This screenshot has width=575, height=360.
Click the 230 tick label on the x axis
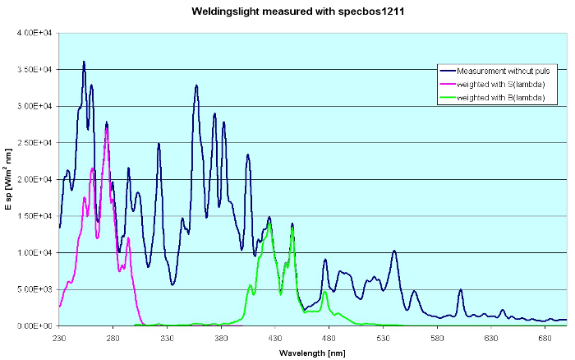coord(59,337)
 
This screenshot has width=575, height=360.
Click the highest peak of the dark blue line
coord(84,62)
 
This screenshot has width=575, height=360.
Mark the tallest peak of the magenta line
coord(107,127)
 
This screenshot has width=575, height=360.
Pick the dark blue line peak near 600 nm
coord(461,289)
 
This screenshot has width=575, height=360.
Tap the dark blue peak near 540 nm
coord(394,251)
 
